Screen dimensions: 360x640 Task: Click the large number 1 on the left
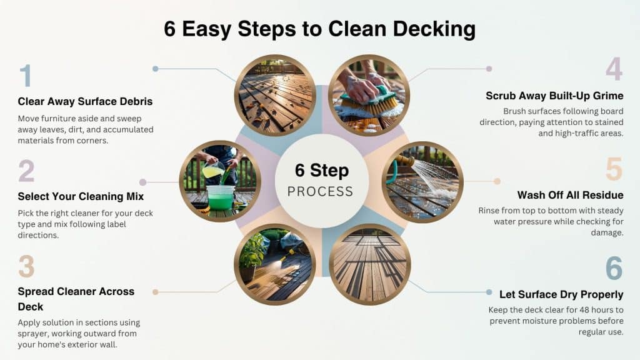pyautogui.click(x=25, y=76)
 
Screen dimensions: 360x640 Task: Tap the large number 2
pyautogui.click(x=26, y=171)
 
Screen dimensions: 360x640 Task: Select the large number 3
pyautogui.click(x=26, y=266)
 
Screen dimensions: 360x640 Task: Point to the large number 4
pyautogui.click(x=614, y=69)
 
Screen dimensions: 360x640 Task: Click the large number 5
pyautogui.click(x=614, y=169)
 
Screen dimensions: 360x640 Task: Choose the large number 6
pyautogui.click(x=614, y=268)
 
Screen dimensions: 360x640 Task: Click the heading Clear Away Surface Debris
pyautogui.click(x=85, y=101)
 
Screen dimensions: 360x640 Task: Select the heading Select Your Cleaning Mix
pyautogui.click(x=81, y=196)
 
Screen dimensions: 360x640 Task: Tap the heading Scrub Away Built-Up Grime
pyautogui.click(x=554, y=96)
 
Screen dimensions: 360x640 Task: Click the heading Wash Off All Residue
pyautogui.click(x=570, y=195)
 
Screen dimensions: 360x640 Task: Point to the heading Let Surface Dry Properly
pyautogui.click(x=561, y=294)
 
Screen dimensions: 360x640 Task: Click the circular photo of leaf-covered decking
pyautogui.click(x=275, y=95)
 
